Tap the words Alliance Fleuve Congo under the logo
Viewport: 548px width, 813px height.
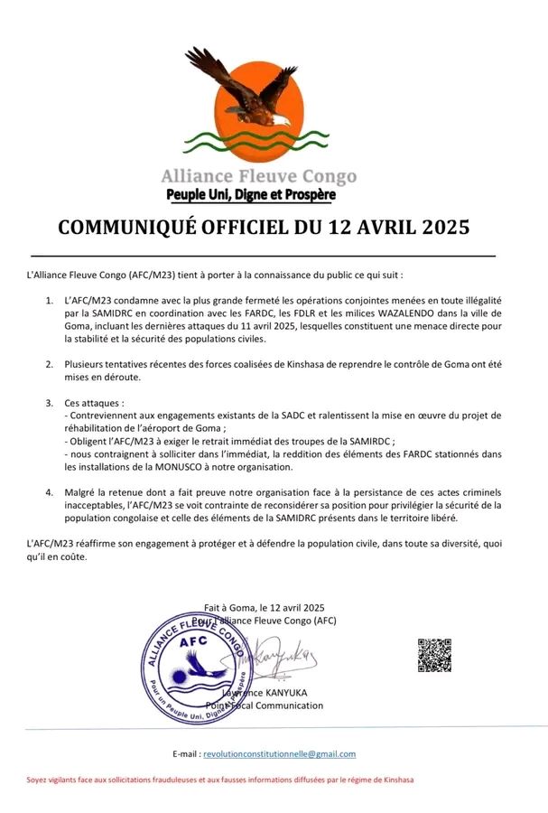258,176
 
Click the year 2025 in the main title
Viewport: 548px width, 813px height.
441,228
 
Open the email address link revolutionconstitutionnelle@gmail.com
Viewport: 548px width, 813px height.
279,753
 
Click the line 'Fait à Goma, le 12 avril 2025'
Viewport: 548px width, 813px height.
264,607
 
